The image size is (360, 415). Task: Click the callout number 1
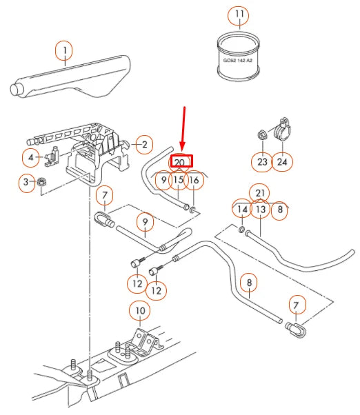(64, 50)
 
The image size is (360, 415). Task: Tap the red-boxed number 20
(179, 162)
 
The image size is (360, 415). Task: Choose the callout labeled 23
(262, 162)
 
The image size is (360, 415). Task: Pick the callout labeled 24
(283, 162)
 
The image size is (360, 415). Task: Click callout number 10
(140, 311)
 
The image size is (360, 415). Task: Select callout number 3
(27, 182)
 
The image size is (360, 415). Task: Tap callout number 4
(30, 158)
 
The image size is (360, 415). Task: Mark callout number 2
(143, 144)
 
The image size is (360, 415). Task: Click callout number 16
(194, 181)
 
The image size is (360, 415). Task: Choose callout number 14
(241, 209)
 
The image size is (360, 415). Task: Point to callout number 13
(260, 209)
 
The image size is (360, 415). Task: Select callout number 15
(178, 181)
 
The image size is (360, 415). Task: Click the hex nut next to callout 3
(41, 183)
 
